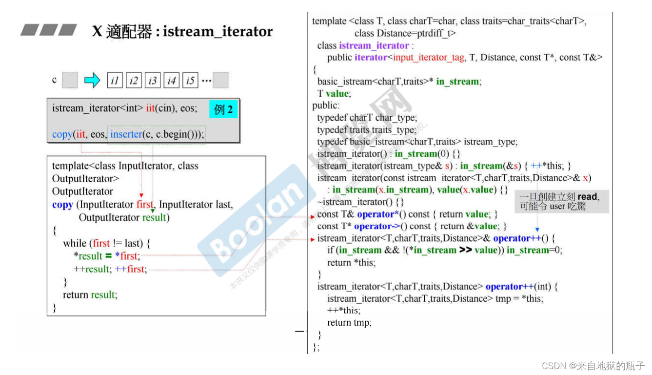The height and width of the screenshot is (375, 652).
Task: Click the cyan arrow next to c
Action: [x=92, y=80]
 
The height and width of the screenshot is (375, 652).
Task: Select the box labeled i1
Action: [x=115, y=81]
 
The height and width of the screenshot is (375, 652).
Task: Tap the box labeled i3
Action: [x=153, y=81]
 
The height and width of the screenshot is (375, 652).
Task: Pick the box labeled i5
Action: [x=190, y=81]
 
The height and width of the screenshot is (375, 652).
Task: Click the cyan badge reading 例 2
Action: [x=223, y=109]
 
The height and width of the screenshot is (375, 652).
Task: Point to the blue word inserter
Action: [x=126, y=134]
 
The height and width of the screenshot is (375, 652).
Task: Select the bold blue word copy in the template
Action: [x=62, y=205]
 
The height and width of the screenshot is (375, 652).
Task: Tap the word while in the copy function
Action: [x=75, y=243]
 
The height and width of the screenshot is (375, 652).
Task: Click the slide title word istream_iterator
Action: [x=217, y=32]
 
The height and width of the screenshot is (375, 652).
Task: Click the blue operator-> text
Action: [x=377, y=226]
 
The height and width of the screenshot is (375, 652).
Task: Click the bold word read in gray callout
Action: [x=587, y=197]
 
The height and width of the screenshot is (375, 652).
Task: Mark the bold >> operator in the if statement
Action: [x=465, y=250]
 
